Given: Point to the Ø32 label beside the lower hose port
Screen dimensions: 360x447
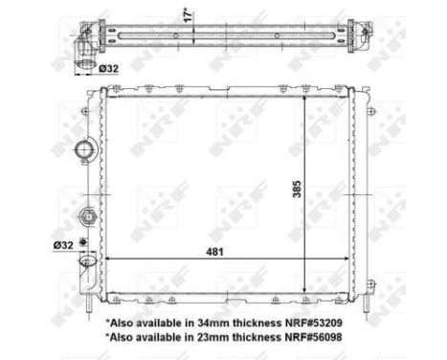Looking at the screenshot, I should click(64, 244).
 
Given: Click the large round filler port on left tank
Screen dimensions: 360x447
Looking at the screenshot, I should click(84, 150).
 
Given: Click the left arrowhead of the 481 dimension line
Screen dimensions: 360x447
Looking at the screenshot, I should click(108, 259).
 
